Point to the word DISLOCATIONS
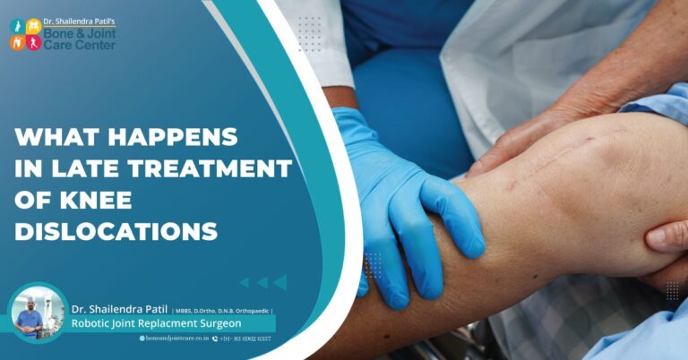point(116,231)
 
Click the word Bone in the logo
point(65,30)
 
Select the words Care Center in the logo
point(82,44)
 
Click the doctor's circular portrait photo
point(37,313)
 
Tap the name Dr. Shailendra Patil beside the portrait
point(120,309)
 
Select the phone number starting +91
point(246,339)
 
